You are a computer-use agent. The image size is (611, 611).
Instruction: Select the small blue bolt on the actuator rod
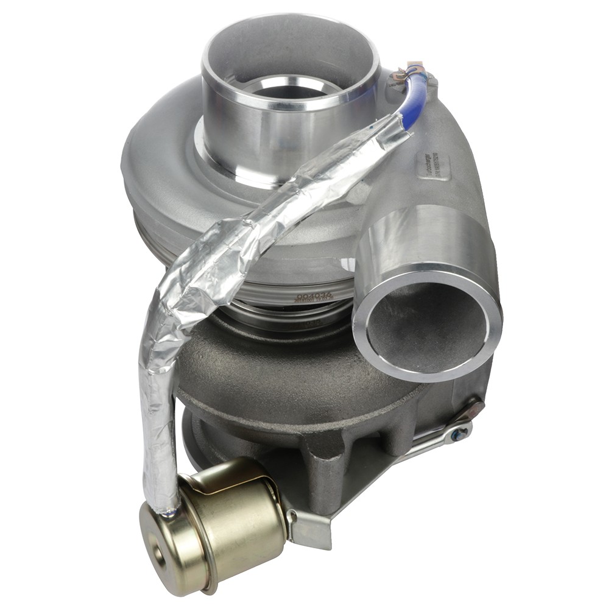tap(462, 432)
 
